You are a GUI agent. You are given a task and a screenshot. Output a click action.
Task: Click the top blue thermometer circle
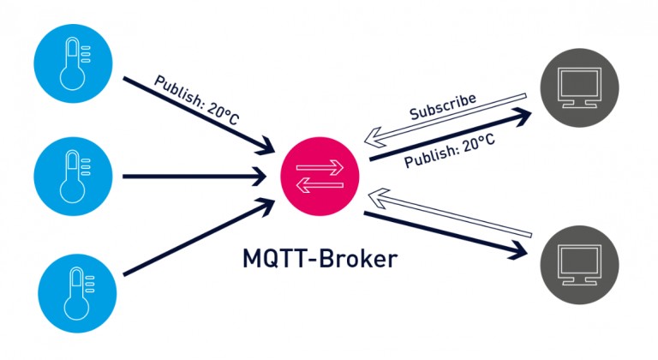click(x=72, y=70)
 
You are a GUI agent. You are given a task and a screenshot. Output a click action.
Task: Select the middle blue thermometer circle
click(x=72, y=177)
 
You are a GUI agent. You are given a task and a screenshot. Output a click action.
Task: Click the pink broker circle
click(x=320, y=176)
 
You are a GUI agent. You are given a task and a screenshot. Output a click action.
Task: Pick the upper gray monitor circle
click(x=580, y=87)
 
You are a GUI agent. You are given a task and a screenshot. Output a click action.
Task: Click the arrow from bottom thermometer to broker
click(x=197, y=243)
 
